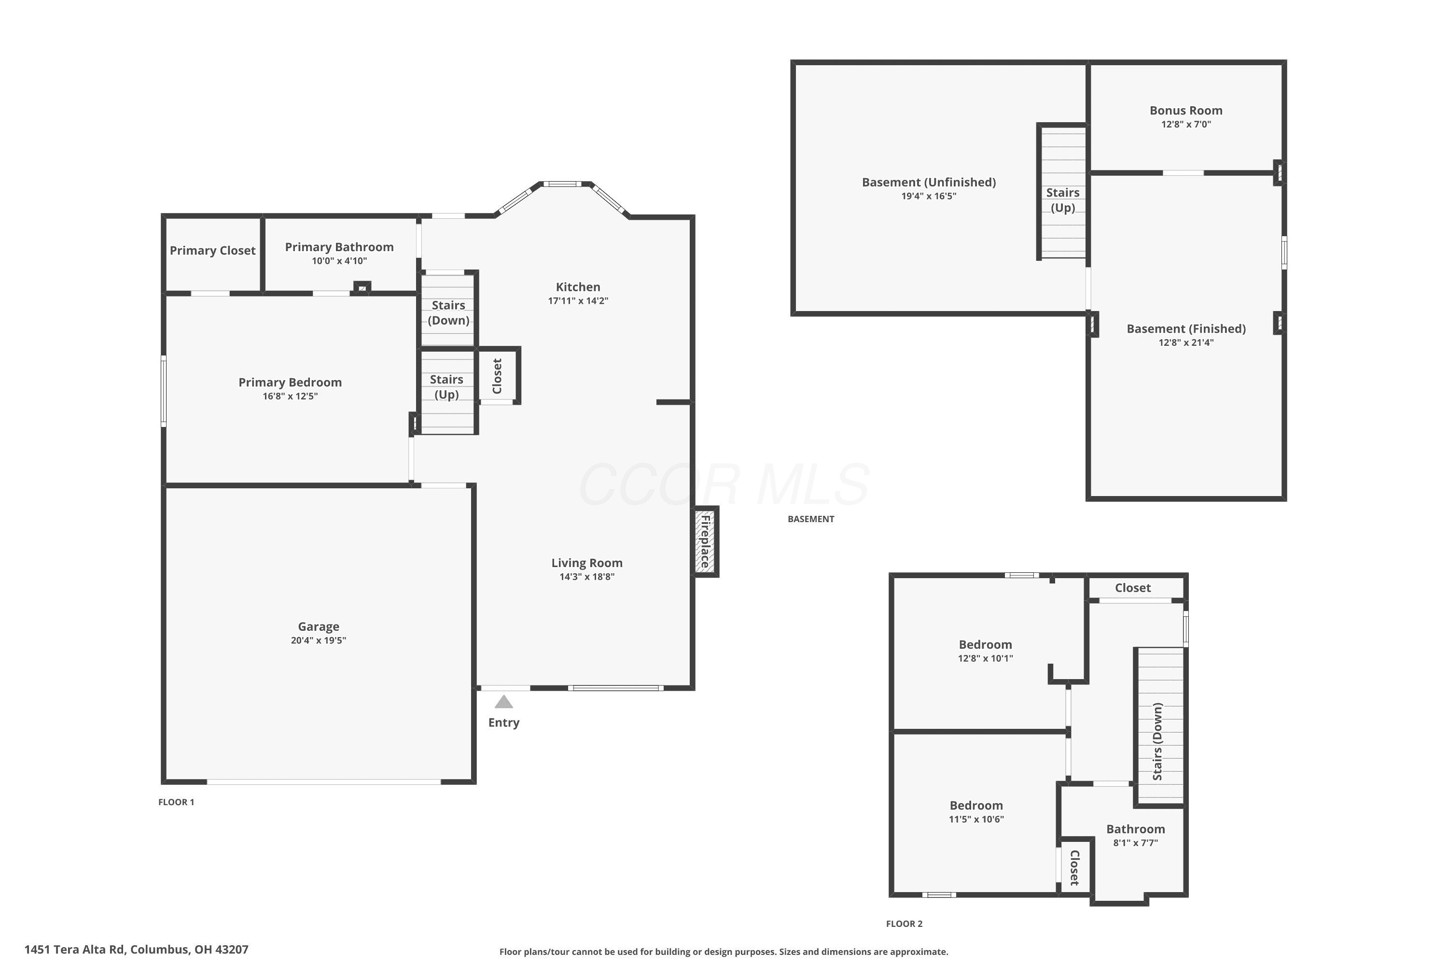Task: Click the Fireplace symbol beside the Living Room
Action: click(706, 542)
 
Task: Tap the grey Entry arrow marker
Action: click(503, 702)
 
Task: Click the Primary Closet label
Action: click(212, 251)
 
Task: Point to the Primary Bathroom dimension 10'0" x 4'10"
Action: click(339, 261)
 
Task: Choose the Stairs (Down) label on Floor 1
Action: click(448, 313)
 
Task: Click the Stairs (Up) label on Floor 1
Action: click(446, 387)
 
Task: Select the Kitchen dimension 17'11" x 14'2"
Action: click(578, 301)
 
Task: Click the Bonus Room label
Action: click(1186, 111)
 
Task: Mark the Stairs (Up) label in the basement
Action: click(1063, 200)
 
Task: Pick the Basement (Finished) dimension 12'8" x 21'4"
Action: click(1186, 343)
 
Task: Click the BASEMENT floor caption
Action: click(811, 519)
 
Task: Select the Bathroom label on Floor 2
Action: click(1135, 829)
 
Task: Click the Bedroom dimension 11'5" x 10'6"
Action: click(976, 819)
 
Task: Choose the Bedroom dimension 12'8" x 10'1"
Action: click(985, 659)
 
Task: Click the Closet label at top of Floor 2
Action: click(1133, 588)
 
